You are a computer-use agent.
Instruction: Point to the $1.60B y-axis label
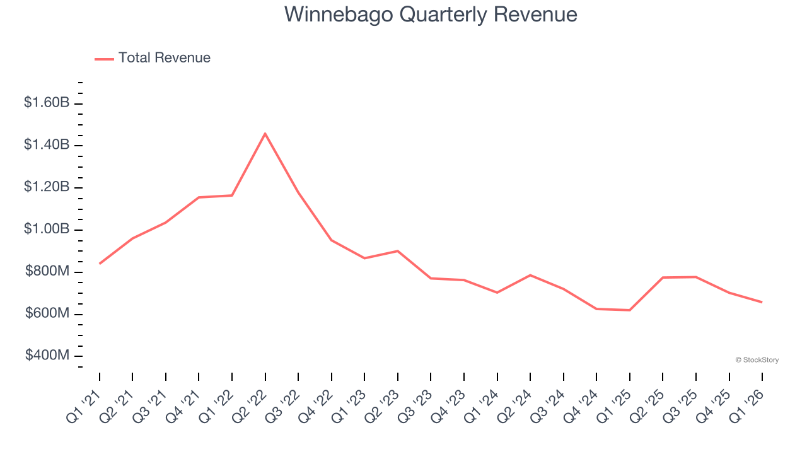pyautogui.click(x=47, y=102)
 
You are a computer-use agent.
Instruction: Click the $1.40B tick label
pyautogui.click(x=47, y=145)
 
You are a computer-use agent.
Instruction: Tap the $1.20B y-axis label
pyautogui.click(x=47, y=187)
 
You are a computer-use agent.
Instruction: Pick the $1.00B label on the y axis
pyautogui.click(x=47, y=230)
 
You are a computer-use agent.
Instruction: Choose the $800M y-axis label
pyautogui.click(x=47, y=272)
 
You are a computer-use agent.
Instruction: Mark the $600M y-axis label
pyautogui.click(x=47, y=314)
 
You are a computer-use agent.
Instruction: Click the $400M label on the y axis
pyautogui.click(x=47, y=356)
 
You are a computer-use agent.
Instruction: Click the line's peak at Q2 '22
pyautogui.click(x=265, y=133)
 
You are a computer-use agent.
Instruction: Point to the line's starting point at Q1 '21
pyautogui.click(x=100, y=264)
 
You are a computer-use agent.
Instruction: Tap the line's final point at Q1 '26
pyautogui.click(x=762, y=302)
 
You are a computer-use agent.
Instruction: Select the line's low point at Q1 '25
pyautogui.click(x=629, y=310)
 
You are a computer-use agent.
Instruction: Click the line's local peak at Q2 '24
pyautogui.click(x=530, y=275)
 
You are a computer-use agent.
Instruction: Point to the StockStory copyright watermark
pyautogui.click(x=757, y=360)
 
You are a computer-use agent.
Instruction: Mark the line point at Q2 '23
pyautogui.click(x=397, y=251)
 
